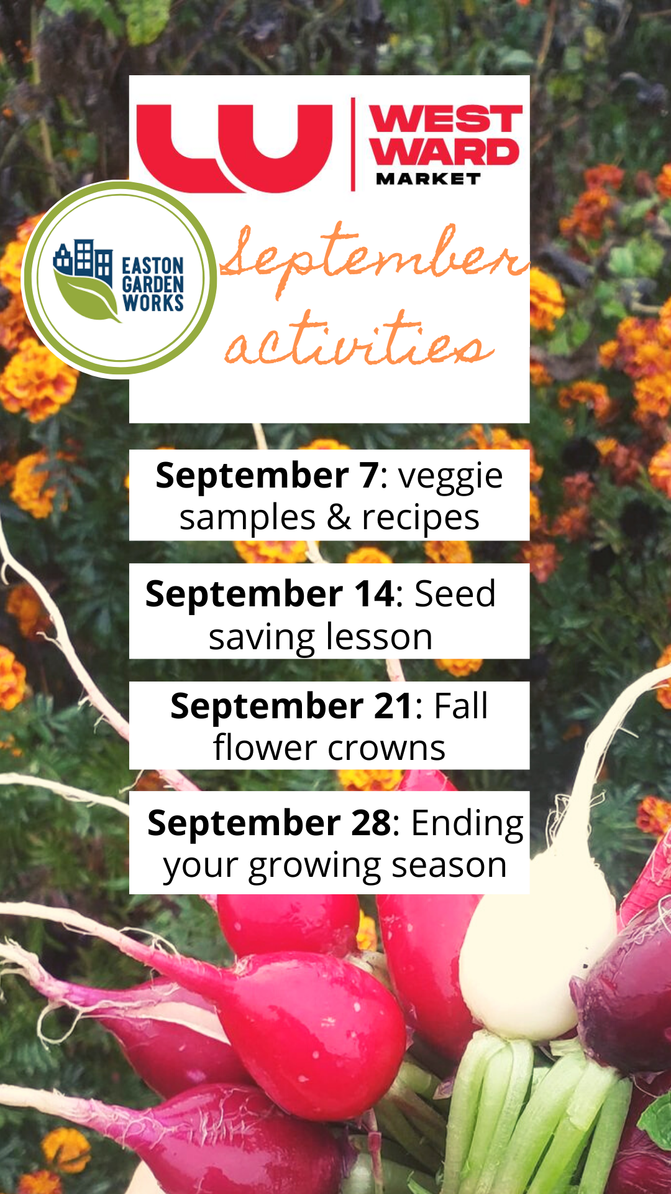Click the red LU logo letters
(x=234, y=148)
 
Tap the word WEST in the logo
(x=445, y=119)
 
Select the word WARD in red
(x=444, y=152)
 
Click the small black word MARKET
(x=428, y=179)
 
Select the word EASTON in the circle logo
(x=153, y=266)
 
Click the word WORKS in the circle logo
(x=153, y=303)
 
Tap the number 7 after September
(x=368, y=476)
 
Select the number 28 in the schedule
(x=371, y=823)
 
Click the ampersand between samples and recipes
(x=339, y=518)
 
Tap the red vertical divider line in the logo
(x=353, y=144)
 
